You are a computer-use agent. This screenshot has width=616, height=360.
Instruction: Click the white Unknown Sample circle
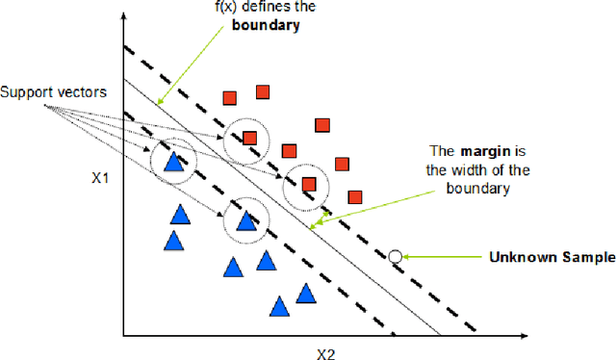point(395,256)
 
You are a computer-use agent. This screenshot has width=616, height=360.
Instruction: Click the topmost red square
point(263,92)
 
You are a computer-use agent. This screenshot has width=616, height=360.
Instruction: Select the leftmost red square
point(230,97)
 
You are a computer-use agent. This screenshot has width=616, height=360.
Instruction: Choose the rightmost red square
point(354,195)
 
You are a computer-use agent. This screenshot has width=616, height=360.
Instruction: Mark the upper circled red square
point(249,138)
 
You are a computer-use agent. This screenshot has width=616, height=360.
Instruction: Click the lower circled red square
point(309,184)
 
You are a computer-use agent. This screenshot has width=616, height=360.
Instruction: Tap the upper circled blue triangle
point(173,162)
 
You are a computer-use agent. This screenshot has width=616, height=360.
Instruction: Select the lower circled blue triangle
point(245,221)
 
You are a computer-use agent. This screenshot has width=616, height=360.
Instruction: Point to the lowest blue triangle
point(279,307)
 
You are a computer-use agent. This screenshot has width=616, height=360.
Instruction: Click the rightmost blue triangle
point(306,293)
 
